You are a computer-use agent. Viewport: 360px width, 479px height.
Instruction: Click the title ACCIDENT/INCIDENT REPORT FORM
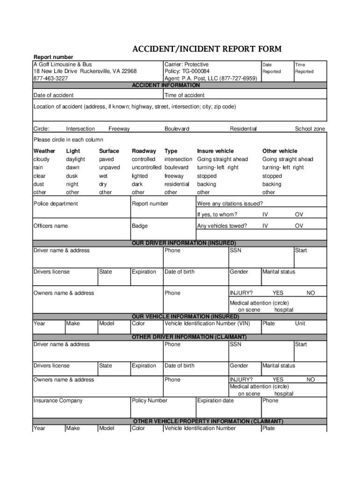207,50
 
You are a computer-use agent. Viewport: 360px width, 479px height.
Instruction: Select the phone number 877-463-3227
50,79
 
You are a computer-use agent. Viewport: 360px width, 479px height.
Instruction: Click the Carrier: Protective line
187,64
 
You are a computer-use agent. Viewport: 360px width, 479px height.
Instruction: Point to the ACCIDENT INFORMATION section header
166,85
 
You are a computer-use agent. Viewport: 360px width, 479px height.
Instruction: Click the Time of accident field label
184,95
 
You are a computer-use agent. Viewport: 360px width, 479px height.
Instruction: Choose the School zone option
310,129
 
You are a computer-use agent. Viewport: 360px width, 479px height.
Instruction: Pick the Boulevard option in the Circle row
177,129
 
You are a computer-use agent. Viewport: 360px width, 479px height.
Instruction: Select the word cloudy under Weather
42,159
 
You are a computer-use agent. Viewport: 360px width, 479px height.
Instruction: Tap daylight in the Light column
76,159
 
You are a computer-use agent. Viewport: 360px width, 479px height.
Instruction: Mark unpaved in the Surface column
109,167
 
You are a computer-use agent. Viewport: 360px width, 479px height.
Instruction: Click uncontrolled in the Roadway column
146,167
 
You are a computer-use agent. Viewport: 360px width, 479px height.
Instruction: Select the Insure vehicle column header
215,151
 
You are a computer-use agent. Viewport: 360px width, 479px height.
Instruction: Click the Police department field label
56,203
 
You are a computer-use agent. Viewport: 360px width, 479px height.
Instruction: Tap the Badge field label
139,226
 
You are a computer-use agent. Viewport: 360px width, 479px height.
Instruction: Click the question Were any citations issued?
230,203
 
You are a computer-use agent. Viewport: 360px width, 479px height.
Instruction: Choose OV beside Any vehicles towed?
299,226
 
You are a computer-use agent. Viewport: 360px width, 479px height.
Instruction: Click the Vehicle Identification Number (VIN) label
207,323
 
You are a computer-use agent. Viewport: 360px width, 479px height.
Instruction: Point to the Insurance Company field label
58,400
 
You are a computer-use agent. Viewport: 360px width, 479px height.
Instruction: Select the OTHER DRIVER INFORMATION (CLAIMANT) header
189,337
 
